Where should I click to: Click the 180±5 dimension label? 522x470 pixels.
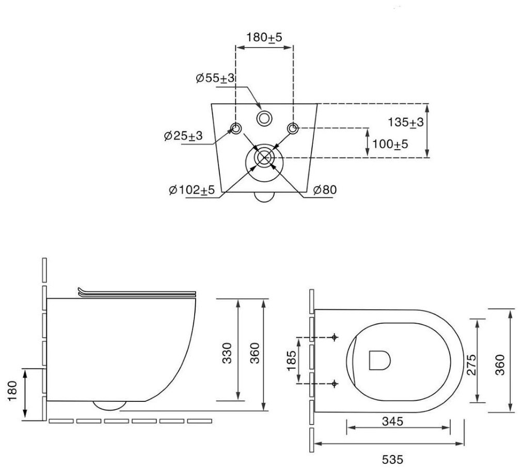(264, 37)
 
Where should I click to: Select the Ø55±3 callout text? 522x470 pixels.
(215, 79)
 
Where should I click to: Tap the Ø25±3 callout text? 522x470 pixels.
(183, 135)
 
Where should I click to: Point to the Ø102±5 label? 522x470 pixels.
(192, 190)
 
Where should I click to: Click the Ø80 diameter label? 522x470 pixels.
(325, 190)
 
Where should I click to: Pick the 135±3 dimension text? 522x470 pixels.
(406, 122)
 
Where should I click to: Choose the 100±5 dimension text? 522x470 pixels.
(390, 144)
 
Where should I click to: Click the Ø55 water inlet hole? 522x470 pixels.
(264, 118)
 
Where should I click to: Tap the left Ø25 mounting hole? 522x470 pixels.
(236, 128)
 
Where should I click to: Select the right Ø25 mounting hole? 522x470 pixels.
(293, 128)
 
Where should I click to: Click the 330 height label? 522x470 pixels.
(227, 353)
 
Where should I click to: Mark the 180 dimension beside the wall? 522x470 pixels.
(12, 391)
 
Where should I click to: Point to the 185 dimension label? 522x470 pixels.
(291, 361)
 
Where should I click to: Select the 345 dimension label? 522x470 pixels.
(392, 421)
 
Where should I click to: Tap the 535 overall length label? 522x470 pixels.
(392, 460)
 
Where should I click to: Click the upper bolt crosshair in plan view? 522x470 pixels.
(335, 337)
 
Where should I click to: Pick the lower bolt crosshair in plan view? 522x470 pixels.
(335, 383)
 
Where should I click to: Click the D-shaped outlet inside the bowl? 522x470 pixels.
(379, 360)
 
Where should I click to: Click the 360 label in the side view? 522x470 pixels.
(255, 353)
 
